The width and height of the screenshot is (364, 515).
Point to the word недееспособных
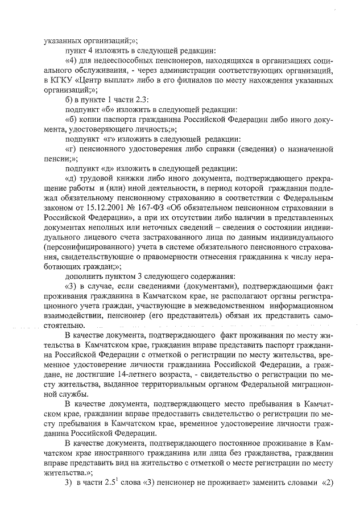tap(122, 60)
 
